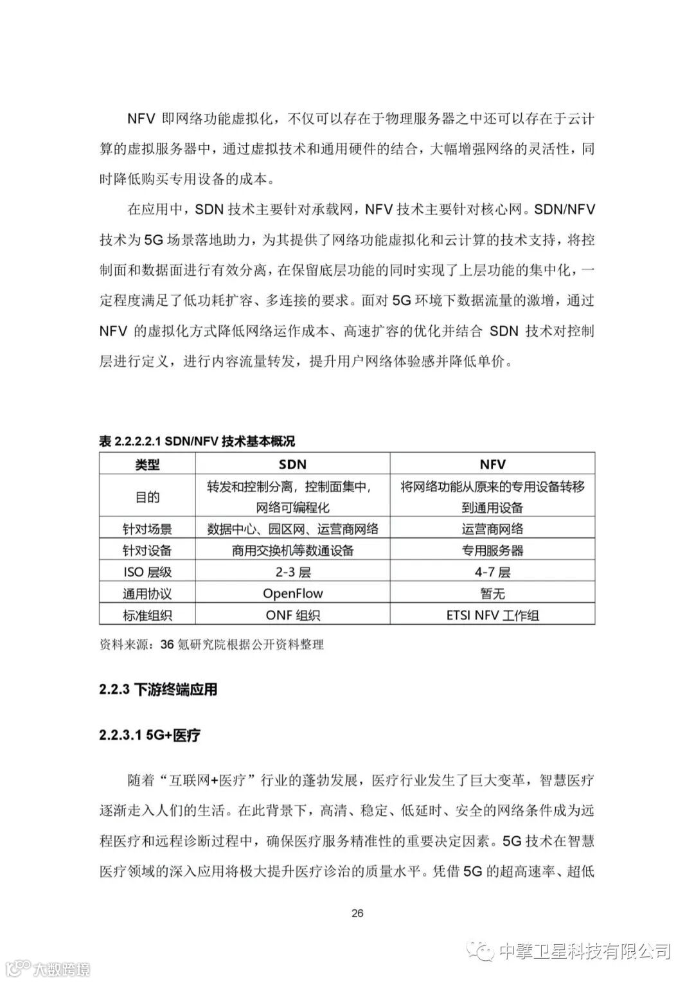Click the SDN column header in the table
[x=292, y=464]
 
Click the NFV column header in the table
[x=492, y=464]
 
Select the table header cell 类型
[x=147, y=465]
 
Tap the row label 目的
[x=147, y=497]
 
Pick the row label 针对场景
[x=147, y=529]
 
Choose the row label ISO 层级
[x=147, y=572]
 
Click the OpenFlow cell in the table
[x=292, y=593]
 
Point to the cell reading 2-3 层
[x=292, y=572]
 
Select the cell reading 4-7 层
[x=492, y=572]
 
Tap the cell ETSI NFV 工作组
[x=492, y=615]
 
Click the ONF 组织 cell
[x=292, y=615]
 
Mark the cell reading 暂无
[x=492, y=593]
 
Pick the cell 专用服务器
[x=492, y=550]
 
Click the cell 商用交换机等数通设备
[x=292, y=550]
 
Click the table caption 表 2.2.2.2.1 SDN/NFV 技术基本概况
[x=197, y=441]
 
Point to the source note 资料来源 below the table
[x=211, y=644]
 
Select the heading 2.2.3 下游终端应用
[x=158, y=690]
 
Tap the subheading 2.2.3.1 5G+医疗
[x=150, y=735]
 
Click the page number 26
[x=358, y=913]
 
